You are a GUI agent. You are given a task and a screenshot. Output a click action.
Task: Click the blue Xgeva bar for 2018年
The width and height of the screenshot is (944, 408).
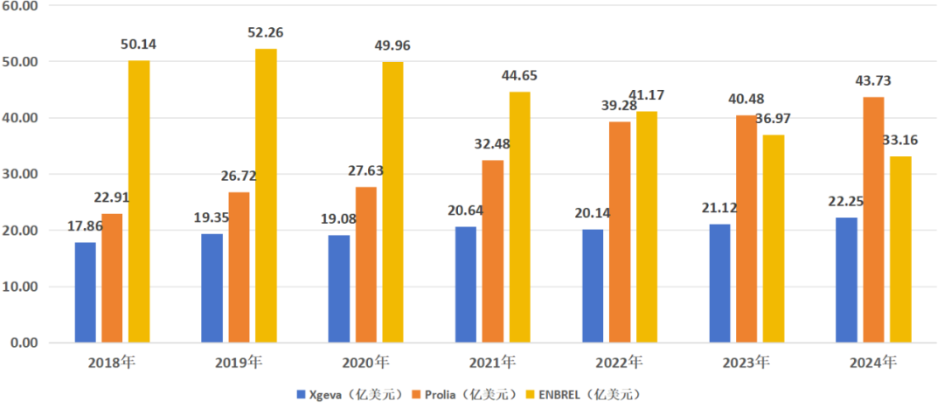tap(85, 292)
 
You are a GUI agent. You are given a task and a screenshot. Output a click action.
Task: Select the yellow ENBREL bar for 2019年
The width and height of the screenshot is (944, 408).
tap(266, 196)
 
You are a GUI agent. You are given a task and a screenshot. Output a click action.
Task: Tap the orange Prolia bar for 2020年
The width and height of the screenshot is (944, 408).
tap(366, 264)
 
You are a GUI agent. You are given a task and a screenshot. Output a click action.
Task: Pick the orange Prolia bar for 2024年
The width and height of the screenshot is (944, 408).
tap(873, 219)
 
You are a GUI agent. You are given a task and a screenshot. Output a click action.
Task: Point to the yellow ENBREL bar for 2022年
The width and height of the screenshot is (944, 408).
tap(647, 226)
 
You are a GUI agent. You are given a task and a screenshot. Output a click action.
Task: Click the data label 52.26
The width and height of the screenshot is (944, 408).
tap(266, 33)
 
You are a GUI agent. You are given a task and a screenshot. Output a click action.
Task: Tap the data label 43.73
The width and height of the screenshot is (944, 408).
tap(872, 81)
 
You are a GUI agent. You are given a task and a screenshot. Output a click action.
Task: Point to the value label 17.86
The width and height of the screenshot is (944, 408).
tap(86, 226)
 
